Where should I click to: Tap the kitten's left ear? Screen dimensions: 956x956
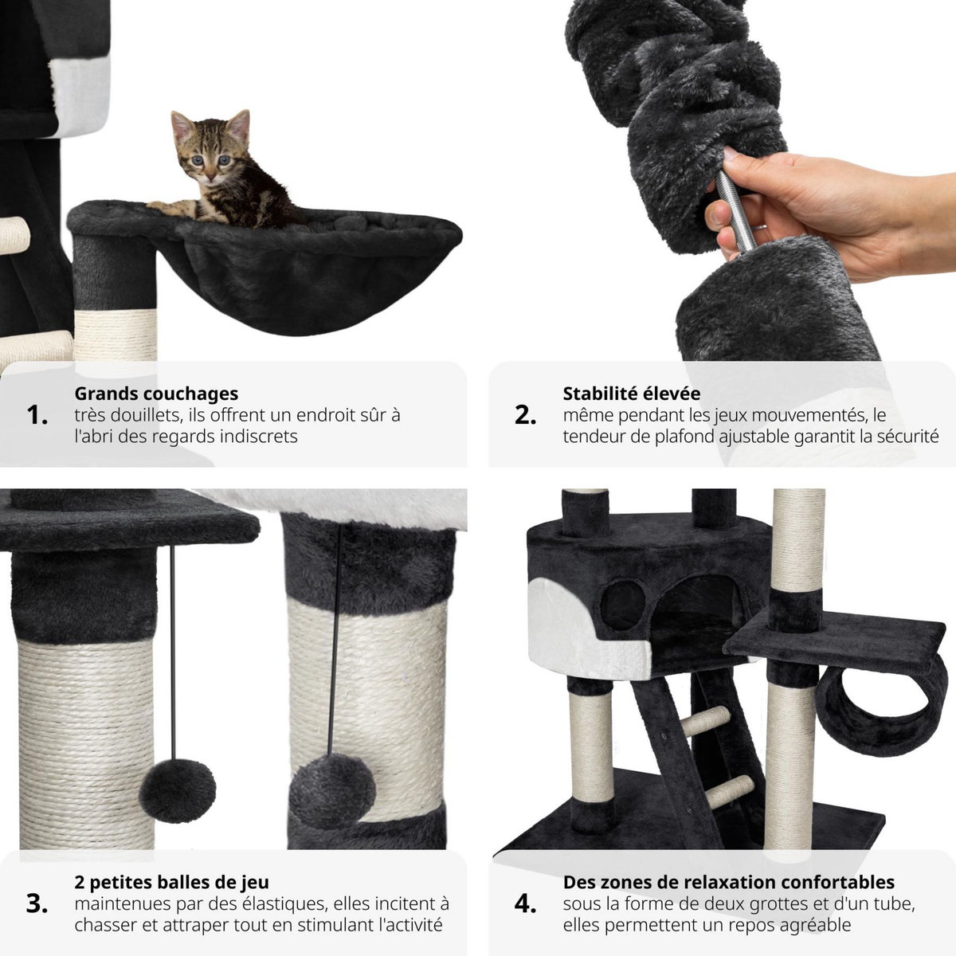[182, 124]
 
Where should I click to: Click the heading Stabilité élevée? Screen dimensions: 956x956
[631, 394]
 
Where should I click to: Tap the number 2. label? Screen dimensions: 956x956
[526, 415]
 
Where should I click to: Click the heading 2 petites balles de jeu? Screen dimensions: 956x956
[171, 882]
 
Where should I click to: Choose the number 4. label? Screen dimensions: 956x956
[526, 904]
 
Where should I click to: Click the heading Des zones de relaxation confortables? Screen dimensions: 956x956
[728, 882]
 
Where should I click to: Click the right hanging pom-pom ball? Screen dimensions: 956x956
[331, 784]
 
